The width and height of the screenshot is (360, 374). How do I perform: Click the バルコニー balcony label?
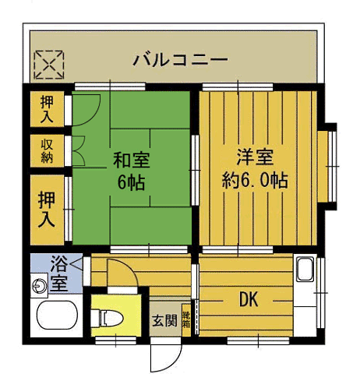179,59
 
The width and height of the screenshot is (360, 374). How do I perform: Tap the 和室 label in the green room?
132,161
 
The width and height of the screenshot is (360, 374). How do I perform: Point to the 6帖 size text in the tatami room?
132,184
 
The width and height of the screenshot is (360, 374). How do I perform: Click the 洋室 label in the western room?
254,157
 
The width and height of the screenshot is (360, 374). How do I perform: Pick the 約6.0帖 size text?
254,180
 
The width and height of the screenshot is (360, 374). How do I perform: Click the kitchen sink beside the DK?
305,272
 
